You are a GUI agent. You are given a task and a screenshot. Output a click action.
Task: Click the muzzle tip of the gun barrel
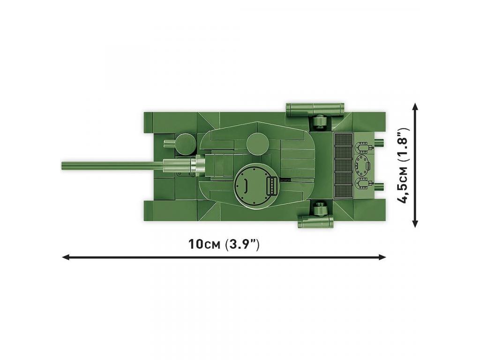tap(62, 165)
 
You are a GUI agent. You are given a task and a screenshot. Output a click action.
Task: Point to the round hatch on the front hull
tap(186, 143)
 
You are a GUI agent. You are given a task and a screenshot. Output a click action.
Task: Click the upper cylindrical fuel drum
tap(315, 109)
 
